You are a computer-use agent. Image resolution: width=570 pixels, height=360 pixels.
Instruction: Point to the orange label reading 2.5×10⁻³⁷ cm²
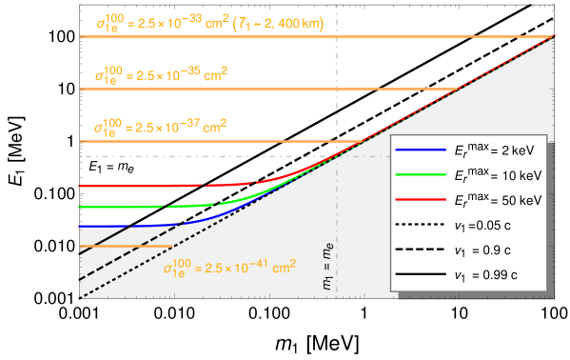(153, 126)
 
